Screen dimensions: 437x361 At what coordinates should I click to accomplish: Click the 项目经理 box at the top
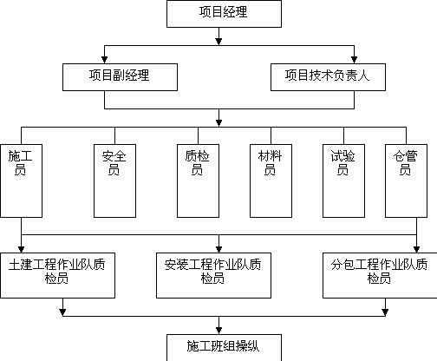point(224,14)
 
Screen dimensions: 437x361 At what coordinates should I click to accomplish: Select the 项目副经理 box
point(120,77)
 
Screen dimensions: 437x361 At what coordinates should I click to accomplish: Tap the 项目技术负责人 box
point(328,77)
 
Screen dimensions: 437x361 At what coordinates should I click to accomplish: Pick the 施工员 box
point(22,181)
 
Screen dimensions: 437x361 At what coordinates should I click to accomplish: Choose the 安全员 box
point(114,181)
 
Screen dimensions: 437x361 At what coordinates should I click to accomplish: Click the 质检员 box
point(198,181)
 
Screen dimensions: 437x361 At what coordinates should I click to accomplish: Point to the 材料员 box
point(271,181)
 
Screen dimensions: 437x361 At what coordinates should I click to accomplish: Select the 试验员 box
point(343,181)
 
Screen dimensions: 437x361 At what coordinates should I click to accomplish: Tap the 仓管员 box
point(406,181)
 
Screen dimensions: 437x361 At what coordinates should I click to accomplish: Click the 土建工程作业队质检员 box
point(57,275)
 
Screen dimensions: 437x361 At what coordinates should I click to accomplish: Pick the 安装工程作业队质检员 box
point(213,275)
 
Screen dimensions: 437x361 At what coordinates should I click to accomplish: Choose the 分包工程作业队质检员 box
point(380,275)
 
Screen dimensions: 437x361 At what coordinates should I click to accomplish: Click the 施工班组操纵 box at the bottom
point(224,348)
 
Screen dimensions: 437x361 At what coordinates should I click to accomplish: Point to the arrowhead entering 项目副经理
point(104,60)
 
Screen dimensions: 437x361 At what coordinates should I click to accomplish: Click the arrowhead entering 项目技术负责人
point(354,60)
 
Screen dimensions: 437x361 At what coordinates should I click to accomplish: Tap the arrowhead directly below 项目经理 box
point(218,42)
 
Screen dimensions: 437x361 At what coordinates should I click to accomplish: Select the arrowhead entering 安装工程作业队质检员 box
point(218,249)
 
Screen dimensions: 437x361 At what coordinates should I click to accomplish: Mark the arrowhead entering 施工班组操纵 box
point(218,331)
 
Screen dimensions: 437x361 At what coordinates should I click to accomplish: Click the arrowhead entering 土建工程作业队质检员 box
point(21,249)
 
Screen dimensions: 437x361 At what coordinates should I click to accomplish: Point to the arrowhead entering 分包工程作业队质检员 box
point(416,249)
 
